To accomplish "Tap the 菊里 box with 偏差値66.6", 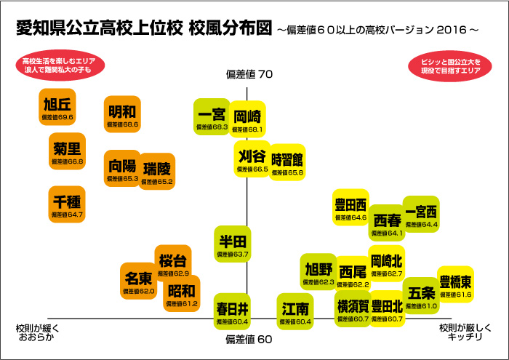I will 68,153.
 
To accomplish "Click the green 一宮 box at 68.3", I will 212,118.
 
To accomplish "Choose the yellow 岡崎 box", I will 249,119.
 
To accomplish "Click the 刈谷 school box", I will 252,159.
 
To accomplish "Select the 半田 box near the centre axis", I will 233,244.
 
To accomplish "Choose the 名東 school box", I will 138,281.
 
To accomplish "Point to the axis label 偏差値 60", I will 249,340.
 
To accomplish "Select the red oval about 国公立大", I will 450,65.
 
